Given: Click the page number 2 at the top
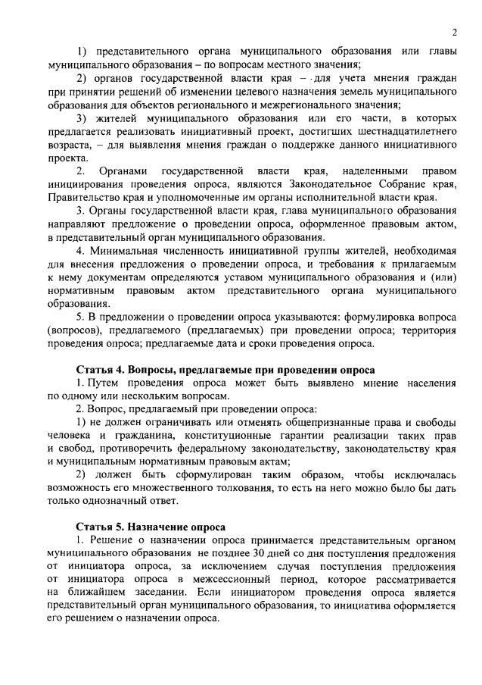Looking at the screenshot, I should (452, 33).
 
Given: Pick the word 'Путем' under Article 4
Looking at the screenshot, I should (98, 383).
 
